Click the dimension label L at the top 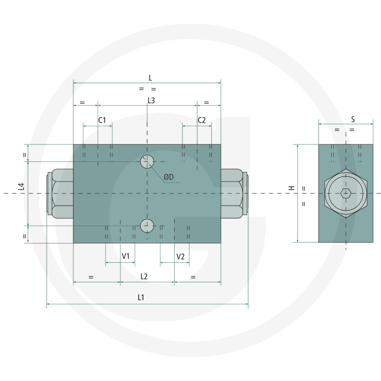[x=150, y=77]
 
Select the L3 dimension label [x=151, y=100]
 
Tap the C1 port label [x=102, y=120]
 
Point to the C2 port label [x=201, y=120]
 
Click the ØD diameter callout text [x=169, y=177]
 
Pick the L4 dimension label [x=21, y=187]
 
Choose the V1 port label [x=126, y=257]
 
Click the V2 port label [x=180, y=257]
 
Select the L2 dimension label [x=144, y=276]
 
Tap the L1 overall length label [x=141, y=298]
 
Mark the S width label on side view [x=353, y=119]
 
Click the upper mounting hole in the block [x=147, y=162]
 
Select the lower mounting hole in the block [x=147, y=225]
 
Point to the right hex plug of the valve [x=234, y=193]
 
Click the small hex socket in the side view [x=346, y=193]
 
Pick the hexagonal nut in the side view [x=346, y=193]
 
